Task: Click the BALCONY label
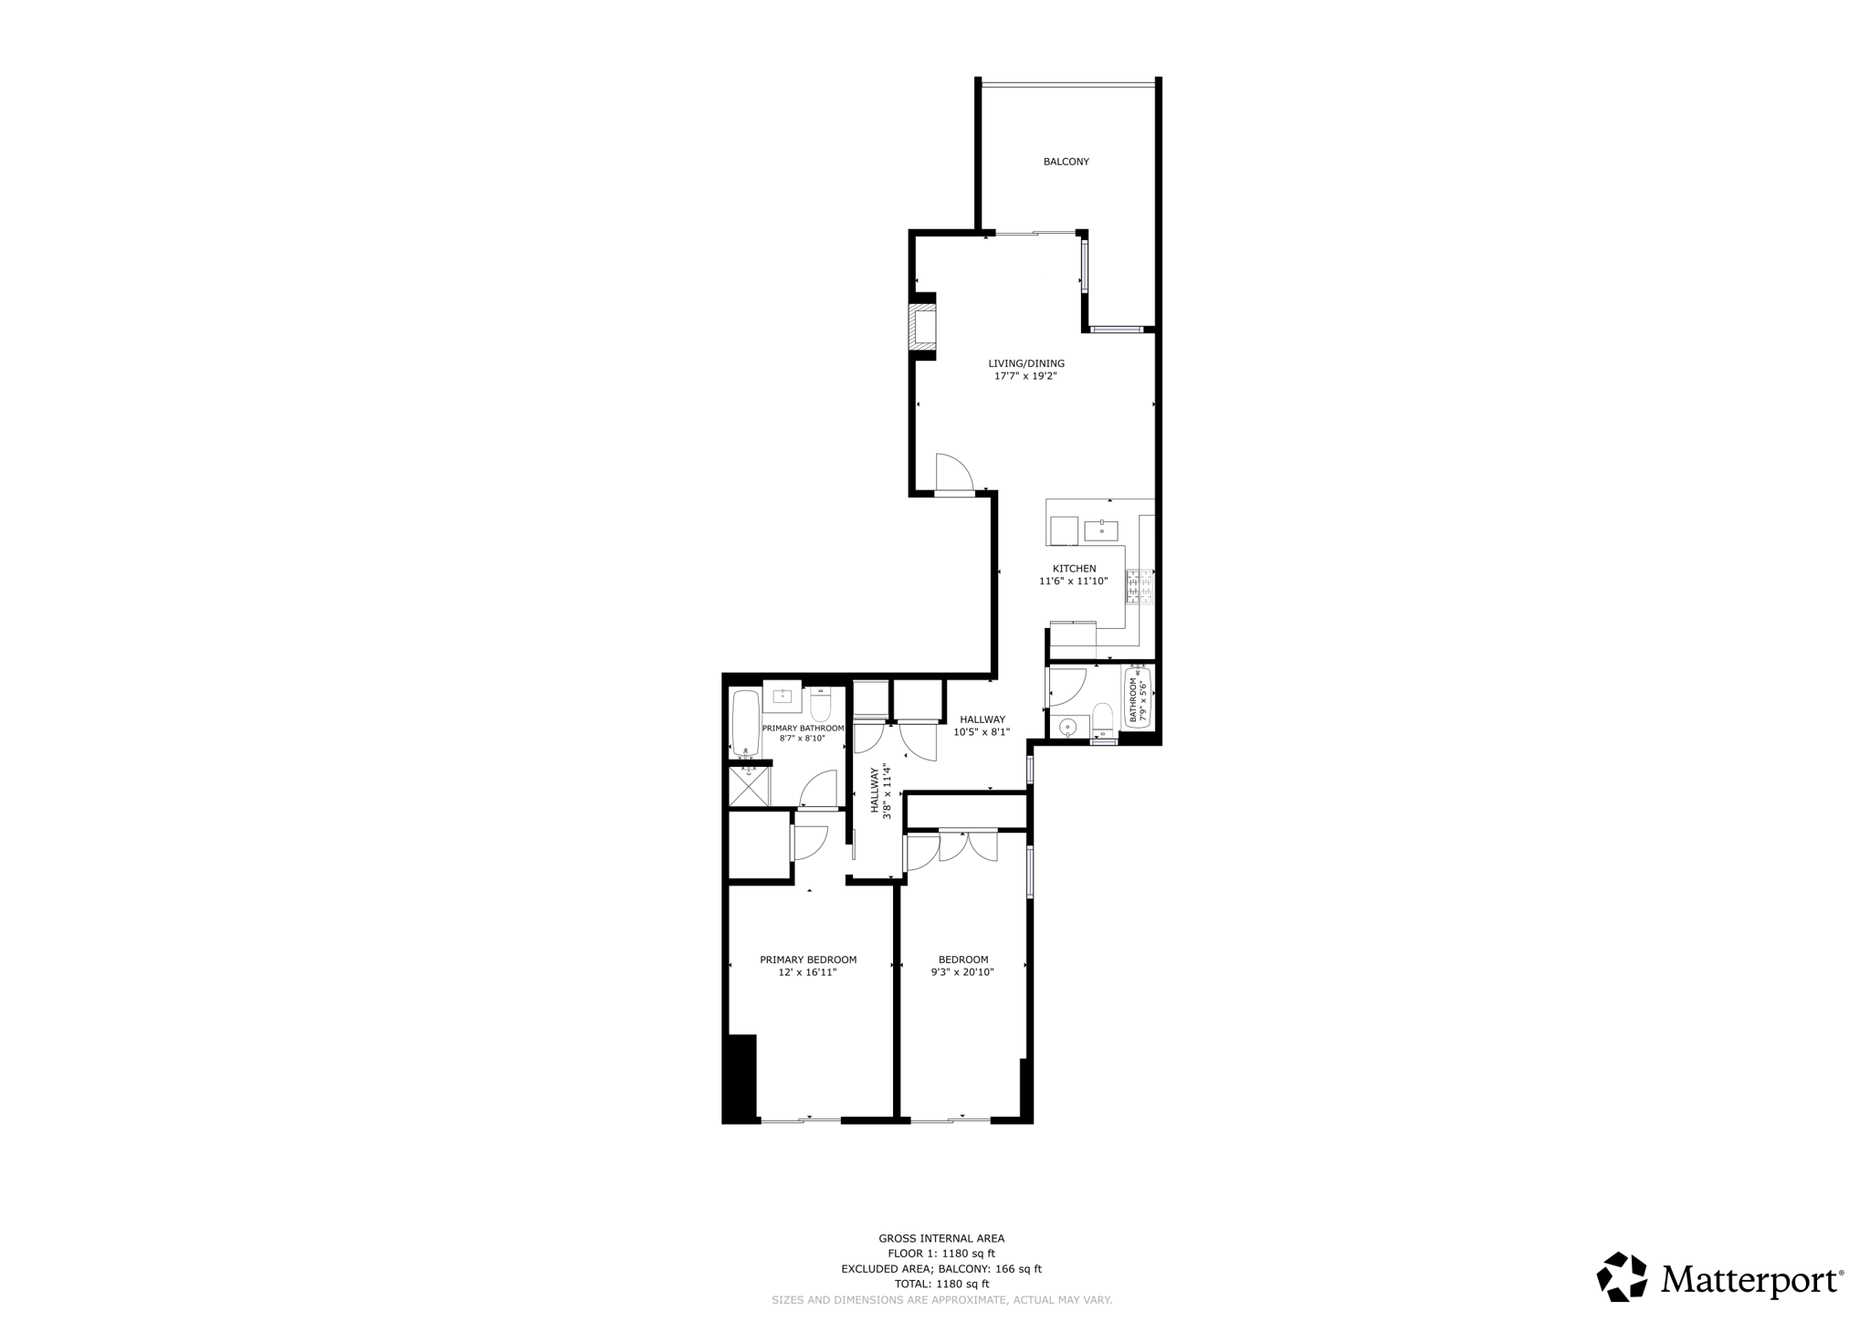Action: pyautogui.click(x=1066, y=162)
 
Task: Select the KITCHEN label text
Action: pyautogui.click(x=1074, y=569)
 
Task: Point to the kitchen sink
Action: pyautogui.click(x=1102, y=529)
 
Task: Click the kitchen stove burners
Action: pyautogui.click(x=1140, y=587)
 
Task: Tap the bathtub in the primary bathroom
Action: pyautogui.click(x=746, y=723)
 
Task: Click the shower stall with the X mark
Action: pyautogui.click(x=749, y=787)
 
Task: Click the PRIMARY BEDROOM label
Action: pyautogui.click(x=808, y=960)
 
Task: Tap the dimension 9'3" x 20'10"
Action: pyautogui.click(x=962, y=973)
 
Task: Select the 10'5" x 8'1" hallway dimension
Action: pyautogui.click(x=982, y=732)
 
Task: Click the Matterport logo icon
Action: pyautogui.click(x=1622, y=1277)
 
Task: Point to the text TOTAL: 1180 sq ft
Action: pyautogui.click(x=941, y=1284)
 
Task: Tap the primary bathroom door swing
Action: pyautogui.click(x=820, y=790)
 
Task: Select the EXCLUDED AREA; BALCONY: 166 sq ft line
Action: pyautogui.click(x=941, y=1269)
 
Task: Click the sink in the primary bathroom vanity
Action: pyautogui.click(x=782, y=697)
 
